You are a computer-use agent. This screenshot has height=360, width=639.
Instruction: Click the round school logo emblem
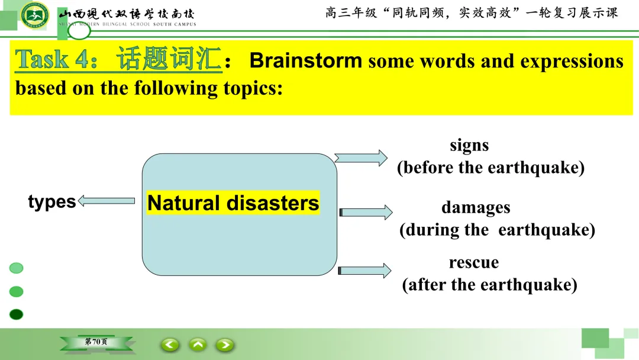click(x=35, y=15)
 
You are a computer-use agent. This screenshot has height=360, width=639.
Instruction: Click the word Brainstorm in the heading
click(x=306, y=61)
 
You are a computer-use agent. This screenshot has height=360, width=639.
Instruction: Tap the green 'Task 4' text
click(x=56, y=59)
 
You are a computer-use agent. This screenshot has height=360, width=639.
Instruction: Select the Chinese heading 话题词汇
click(x=169, y=59)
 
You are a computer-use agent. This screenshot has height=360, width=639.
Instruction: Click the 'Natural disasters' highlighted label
click(x=233, y=202)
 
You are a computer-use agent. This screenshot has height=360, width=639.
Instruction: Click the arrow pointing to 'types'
click(x=106, y=201)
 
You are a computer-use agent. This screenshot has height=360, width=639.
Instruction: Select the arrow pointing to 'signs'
click(x=361, y=157)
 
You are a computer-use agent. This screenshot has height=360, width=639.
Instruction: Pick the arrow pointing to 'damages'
click(x=366, y=212)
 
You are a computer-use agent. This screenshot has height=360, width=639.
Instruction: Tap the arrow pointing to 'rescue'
click(x=364, y=271)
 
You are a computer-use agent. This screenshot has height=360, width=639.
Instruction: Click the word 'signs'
click(x=469, y=146)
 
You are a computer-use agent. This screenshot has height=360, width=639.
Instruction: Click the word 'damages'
click(x=476, y=208)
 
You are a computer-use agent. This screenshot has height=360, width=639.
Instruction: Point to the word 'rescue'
click(x=474, y=262)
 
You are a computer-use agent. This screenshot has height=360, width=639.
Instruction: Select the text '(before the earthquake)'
click(x=490, y=168)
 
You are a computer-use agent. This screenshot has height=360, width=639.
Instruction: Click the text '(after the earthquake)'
click(x=490, y=285)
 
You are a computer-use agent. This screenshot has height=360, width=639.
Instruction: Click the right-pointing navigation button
click(x=225, y=345)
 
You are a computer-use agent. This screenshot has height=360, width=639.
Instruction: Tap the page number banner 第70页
click(x=96, y=342)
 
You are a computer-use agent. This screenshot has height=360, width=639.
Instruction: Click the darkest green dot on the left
click(x=17, y=314)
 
